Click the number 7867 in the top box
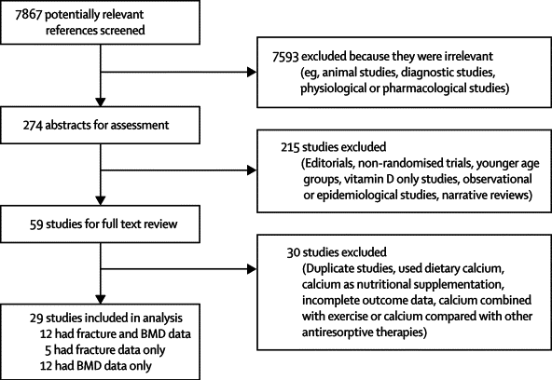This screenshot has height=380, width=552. (x=29, y=14)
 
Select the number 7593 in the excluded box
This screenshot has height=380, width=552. (x=285, y=57)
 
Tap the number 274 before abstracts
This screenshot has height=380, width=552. (x=33, y=125)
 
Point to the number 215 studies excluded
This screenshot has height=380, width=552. (x=290, y=147)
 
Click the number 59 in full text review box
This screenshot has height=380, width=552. (x=36, y=224)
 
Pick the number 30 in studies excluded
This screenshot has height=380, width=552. (x=293, y=252)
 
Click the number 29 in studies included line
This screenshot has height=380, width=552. (x=36, y=319)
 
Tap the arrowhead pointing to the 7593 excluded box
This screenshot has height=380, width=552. (x=252, y=72)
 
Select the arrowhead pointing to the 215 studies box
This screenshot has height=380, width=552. (x=252, y=170)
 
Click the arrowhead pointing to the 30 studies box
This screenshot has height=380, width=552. (x=252, y=269)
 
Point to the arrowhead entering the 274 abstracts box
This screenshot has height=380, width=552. (x=101, y=102)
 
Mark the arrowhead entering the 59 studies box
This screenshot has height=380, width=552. (x=101, y=201)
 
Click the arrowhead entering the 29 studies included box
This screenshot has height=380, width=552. (x=101, y=299)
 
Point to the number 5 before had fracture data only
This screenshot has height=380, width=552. (x=48, y=350)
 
